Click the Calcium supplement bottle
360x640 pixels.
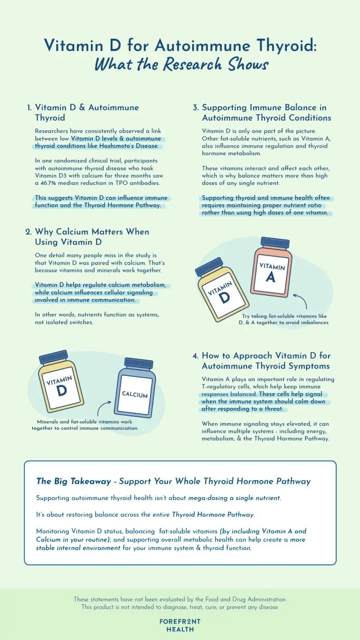[135, 388]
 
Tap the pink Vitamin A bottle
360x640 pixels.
[271, 268]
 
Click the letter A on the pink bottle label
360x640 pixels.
[270, 277]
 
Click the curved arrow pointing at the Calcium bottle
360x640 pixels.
[102, 407]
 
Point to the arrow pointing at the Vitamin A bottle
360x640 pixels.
[301, 299]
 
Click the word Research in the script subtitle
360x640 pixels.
[193, 64]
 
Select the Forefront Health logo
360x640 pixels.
[180, 625]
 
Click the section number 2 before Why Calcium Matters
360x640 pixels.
[28, 232]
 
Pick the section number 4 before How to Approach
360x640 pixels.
[195, 356]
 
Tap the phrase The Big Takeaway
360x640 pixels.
[74, 482]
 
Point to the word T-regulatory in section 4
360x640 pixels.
[219, 387]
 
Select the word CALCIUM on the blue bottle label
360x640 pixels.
[135, 394]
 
